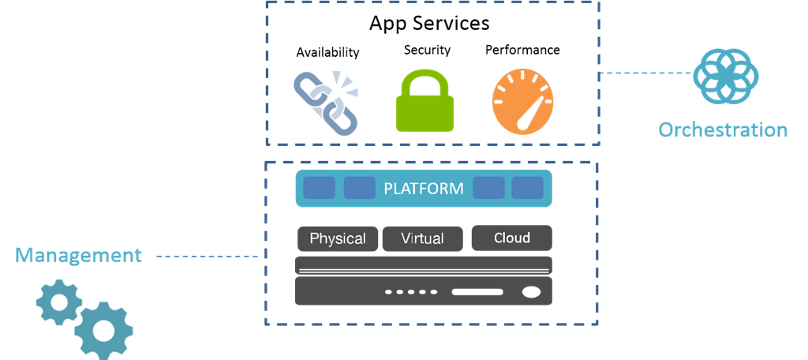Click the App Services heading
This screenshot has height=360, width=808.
[429, 22]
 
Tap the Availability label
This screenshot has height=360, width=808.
[327, 53]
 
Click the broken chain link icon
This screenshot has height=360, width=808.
[327, 101]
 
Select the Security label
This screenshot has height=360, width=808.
[427, 50]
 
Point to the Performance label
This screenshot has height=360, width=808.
[522, 50]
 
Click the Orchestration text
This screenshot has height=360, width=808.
[723, 130]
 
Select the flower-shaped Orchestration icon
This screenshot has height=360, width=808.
[726, 77]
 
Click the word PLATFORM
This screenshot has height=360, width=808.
[423, 189]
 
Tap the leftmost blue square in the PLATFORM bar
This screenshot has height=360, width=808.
[320, 188]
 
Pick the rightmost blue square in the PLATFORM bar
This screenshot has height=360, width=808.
[527, 188]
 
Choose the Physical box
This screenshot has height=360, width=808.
[338, 238]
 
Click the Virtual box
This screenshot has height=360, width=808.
[422, 238]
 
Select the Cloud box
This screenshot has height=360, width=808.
[511, 238]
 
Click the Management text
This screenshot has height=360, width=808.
[79, 256]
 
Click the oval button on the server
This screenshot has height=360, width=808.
[532, 292]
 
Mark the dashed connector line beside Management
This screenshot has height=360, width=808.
[207, 257]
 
